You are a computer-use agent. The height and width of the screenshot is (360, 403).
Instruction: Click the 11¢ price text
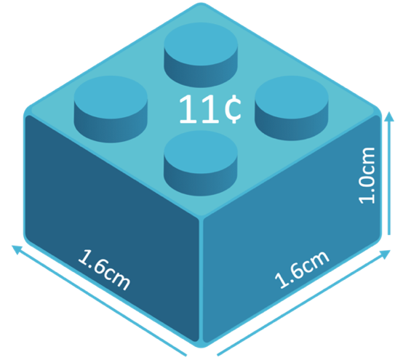pyautogui.click(x=210, y=109)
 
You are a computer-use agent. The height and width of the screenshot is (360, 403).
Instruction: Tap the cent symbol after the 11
pyautogui.click(x=233, y=109)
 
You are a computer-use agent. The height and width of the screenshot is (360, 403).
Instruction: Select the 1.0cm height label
pyautogui.click(x=367, y=175)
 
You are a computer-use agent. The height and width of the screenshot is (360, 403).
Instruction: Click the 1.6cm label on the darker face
pyautogui.click(x=104, y=270)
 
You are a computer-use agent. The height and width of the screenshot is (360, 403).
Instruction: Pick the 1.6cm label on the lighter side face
pyautogui.click(x=302, y=269)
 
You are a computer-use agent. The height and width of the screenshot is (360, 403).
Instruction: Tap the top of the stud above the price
pyautogui.click(x=201, y=44)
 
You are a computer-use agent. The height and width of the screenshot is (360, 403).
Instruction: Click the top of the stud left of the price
pyautogui.click(x=111, y=97)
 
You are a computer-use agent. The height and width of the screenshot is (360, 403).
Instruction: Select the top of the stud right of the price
pyautogui.click(x=292, y=97)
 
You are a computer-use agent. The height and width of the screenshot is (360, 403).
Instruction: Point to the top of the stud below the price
pyautogui.click(x=201, y=151)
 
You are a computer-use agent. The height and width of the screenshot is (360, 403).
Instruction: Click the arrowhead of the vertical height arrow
pyautogui.click(x=389, y=116)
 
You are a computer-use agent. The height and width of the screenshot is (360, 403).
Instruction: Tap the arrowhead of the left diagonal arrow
pyautogui.click(x=17, y=249)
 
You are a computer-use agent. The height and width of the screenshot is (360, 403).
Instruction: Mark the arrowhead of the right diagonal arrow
pyautogui.click(x=384, y=255)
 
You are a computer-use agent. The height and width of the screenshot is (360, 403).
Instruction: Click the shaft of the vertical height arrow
pyautogui.click(x=389, y=177)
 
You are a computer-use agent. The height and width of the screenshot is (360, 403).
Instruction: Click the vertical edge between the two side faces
pyautogui.click(x=201, y=280)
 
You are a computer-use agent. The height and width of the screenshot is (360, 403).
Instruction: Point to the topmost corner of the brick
pyautogui.click(x=201, y=4)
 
